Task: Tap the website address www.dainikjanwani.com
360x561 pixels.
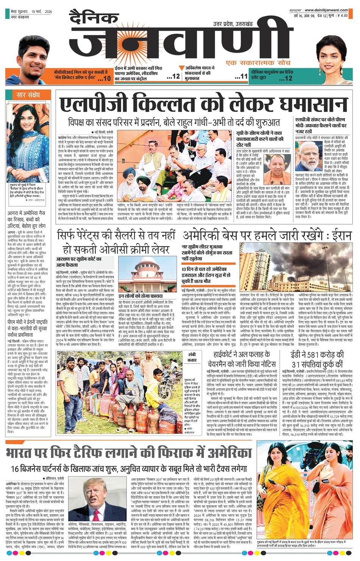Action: (326, 10)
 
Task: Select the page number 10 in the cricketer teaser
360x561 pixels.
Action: (107, 78)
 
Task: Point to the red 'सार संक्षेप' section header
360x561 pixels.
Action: (28, 95)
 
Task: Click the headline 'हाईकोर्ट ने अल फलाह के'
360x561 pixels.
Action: (242, 355)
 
